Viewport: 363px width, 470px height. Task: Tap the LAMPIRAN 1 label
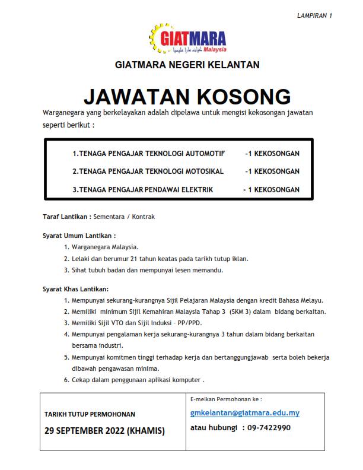coord(314,15)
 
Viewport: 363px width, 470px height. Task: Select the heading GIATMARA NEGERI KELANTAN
coord(187,65)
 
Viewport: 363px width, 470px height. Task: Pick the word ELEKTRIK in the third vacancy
coord(197,190)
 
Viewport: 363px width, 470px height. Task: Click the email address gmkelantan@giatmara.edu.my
coord(245,413)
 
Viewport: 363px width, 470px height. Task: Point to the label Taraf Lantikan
coord(66,217)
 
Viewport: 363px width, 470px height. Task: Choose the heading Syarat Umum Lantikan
coord(79,235)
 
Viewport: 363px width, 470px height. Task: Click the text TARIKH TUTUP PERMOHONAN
coord(90,414)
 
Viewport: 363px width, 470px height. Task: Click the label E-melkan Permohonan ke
coord(226,399)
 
